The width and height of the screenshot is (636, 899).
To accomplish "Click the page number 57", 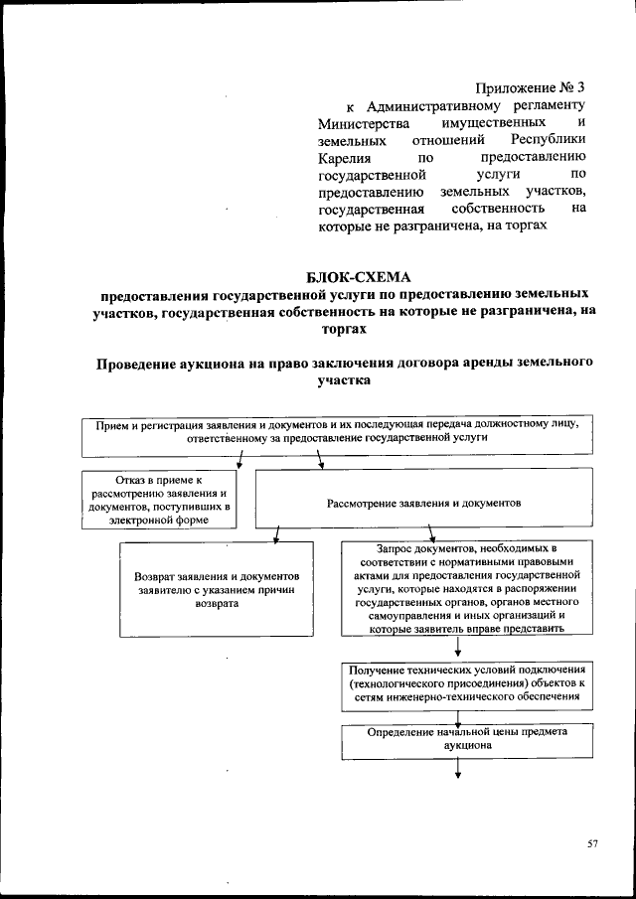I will tap(592, 843).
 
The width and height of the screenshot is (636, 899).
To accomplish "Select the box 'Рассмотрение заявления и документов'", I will tap(423, 504).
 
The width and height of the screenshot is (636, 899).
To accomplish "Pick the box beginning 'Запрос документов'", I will tap(456, 587).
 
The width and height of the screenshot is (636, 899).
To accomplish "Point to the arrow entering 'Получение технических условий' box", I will tap(458, 648).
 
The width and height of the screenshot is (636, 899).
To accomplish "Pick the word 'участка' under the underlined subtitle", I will tap(343, 379).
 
